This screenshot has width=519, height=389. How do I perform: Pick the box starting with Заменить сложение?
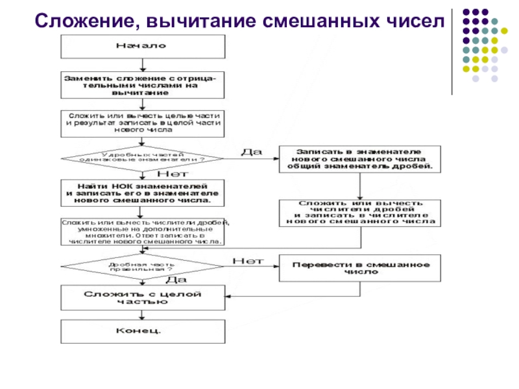tap(142, 85)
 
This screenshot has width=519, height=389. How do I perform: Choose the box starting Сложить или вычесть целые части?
tap(142, 122)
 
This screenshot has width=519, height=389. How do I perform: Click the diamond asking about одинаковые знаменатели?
tap(142, 158)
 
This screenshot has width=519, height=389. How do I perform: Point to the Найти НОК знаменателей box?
tap(142, 193)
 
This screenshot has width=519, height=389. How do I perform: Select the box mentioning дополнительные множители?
tap(142, 231)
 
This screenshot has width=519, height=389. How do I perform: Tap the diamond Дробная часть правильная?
tap(142, 266)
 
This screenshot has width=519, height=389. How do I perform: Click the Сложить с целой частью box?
tap(142, 298)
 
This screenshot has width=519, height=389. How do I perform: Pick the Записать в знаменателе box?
tap(361, 158)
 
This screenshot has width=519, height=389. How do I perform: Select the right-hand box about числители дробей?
tap(361, 212)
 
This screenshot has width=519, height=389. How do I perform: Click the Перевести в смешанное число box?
tap(361, 268)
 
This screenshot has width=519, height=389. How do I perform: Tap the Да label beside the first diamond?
tap(251, 151)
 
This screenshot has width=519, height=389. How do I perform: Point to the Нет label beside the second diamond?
tap(247, 261)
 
